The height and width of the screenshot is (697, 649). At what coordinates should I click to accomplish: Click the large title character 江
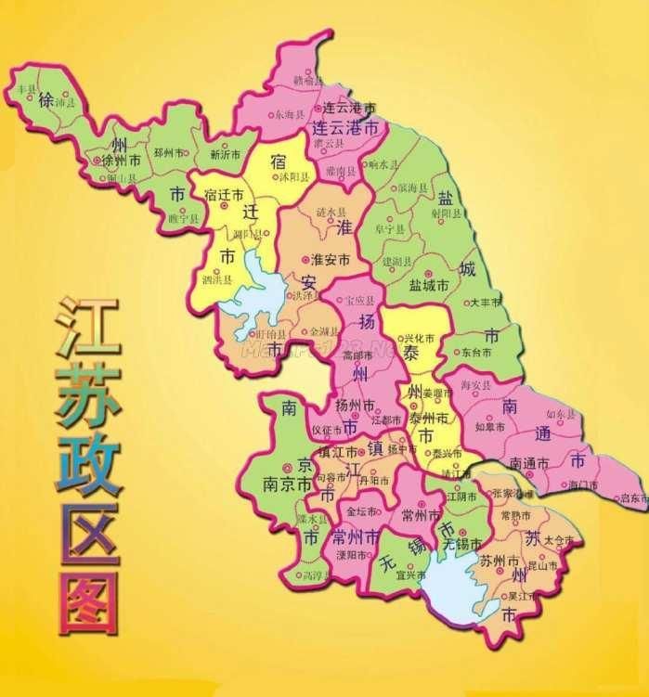[x=88, y=328]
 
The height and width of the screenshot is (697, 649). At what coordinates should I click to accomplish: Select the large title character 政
[x=88, y=461]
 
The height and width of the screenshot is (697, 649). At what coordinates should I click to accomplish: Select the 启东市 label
[x=633, y=497]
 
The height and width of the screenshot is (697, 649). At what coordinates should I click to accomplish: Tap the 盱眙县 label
[x=272, y=334]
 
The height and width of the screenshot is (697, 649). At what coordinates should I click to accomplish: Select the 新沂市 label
[x=226, y=154]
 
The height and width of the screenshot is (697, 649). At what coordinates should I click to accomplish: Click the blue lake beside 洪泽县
[x=255, y=288]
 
